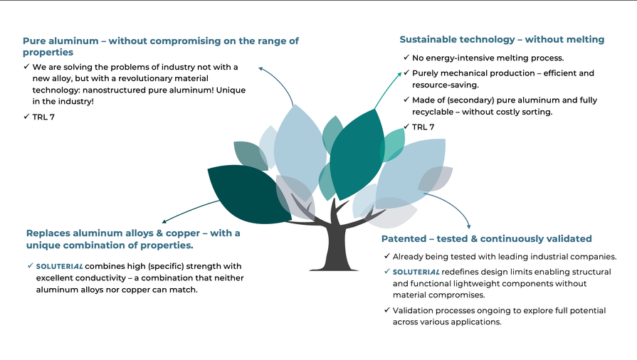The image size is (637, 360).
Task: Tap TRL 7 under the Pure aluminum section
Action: pos(43,117)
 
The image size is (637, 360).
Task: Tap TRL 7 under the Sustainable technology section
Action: pos(423,127)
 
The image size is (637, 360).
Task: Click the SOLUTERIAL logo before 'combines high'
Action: pos(59,267)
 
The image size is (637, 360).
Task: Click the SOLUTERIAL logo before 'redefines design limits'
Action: pos(416,272)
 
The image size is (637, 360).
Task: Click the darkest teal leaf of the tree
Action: pos(248,194)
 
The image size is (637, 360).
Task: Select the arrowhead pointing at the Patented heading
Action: pos(469,226)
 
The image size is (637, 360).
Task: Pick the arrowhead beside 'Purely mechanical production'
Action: pos(400,73)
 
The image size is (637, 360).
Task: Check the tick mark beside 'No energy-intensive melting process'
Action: pos(406,58)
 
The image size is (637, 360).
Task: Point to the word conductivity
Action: pos(101,278)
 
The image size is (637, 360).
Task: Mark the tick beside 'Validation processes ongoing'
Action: pos(386,310)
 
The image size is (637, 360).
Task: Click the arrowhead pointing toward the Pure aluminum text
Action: pos(260,69)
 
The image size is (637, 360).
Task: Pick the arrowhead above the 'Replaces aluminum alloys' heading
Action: pos(164,221)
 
